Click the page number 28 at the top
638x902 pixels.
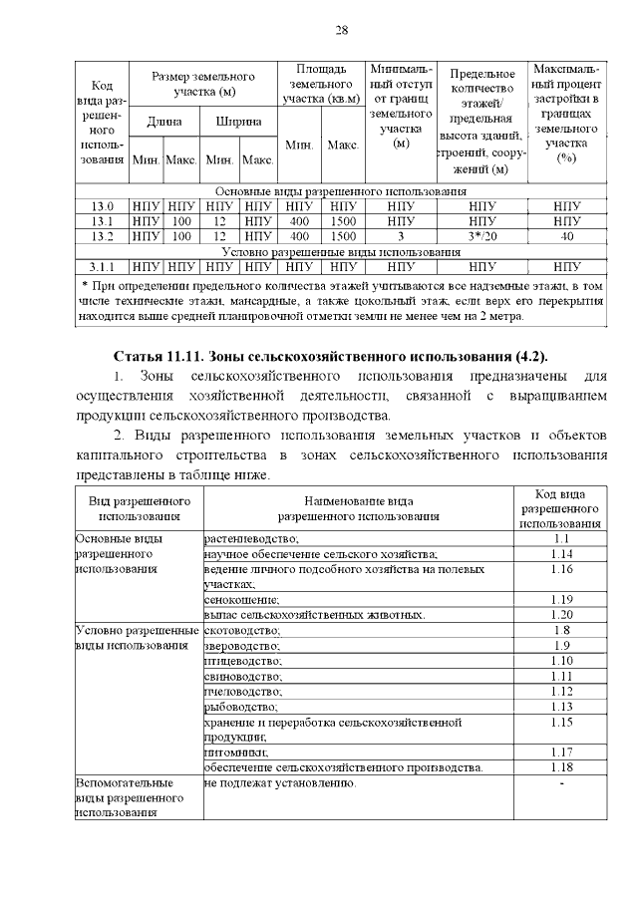coord(341,30)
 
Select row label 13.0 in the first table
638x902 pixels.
coord(103,205)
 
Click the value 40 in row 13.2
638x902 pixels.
coord(566,236)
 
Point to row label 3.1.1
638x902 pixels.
coord(103,266)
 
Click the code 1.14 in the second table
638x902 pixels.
coord(560,553)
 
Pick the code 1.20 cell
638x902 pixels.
coord(560,614)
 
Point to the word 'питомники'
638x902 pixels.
coord(236,752)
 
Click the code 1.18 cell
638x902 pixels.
coord(560,767)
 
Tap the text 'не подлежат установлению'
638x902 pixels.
coord(279,783)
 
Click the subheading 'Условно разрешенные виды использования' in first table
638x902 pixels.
coord(340,251)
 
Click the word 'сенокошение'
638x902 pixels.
coord(241,599)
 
